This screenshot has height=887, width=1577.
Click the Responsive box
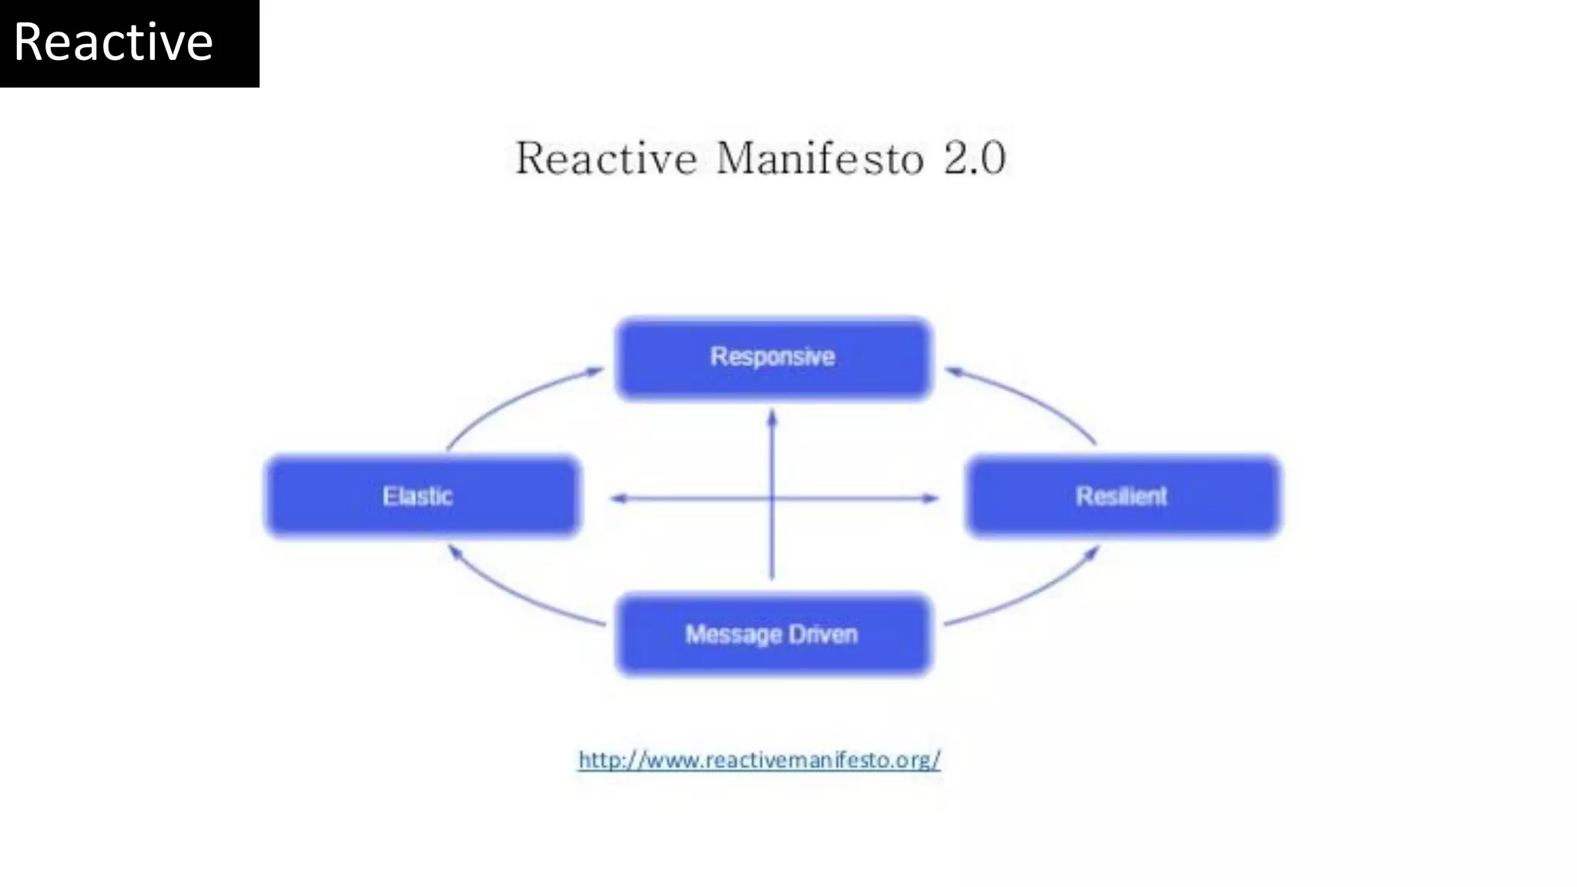point(773,358)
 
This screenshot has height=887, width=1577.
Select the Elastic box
point(422,496)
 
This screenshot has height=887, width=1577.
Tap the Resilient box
point(1123,496)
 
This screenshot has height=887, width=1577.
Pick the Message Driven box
point(773,634)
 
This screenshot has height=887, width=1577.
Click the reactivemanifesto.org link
point(759,760)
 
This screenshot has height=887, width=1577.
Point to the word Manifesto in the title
point(819,159)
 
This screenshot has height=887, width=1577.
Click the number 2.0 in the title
point(974,159)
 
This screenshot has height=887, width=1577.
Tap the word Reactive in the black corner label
point(113,42)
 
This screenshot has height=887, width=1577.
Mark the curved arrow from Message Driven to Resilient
point(1032,594)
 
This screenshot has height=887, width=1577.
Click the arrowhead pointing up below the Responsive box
point(772,419)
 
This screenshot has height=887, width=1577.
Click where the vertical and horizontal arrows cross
point(772,498)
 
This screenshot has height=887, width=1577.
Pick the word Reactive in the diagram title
point(606,159)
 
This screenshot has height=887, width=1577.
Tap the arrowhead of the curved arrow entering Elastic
point(454,551)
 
